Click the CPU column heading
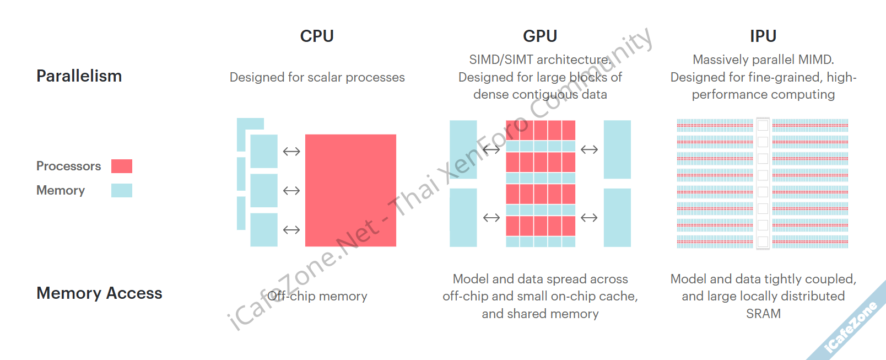click(x=317, y=36)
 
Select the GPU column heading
click(x=540, y=36)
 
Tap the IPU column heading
click(x=763, y=36)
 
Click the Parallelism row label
click(x=79, y=76)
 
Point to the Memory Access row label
click(x=99, y=293)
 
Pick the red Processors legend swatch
click(x=122, y=166)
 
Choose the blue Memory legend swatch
click(x=122, y=190)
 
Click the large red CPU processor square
click(x=350, y=190)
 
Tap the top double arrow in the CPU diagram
click(x=291, y=152)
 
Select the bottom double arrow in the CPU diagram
click(x=291, y=230)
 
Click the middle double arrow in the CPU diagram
click(x=291, y=191)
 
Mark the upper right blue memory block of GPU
click(x=617, y=149)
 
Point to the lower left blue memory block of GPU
click(x=463, y=217)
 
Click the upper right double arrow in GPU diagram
click(x=589, y=149)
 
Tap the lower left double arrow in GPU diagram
click(x=491, y=218)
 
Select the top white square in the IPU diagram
click(x=763, y=125)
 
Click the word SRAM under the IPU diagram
click(x=763, y=314)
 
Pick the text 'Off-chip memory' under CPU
click(x=317, y=296)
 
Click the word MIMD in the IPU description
click(x=816, y=60)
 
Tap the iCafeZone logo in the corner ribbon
click(x=851, y=327)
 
